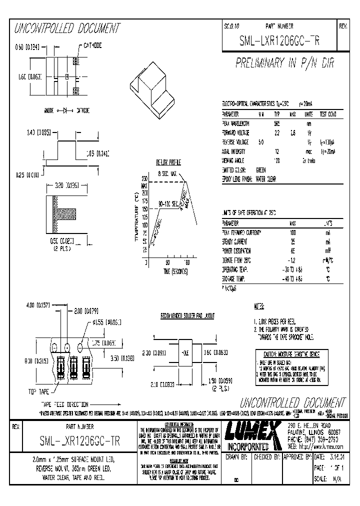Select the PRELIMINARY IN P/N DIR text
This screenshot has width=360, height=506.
[x=284, y=63]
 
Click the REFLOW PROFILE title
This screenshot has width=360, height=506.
[x=168, y=162]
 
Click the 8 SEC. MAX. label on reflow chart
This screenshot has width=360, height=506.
[x=167, y=173]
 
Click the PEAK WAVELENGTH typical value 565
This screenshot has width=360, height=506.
[x=277, y=123]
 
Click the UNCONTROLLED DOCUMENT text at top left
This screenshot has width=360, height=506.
[x=66, y=28]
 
